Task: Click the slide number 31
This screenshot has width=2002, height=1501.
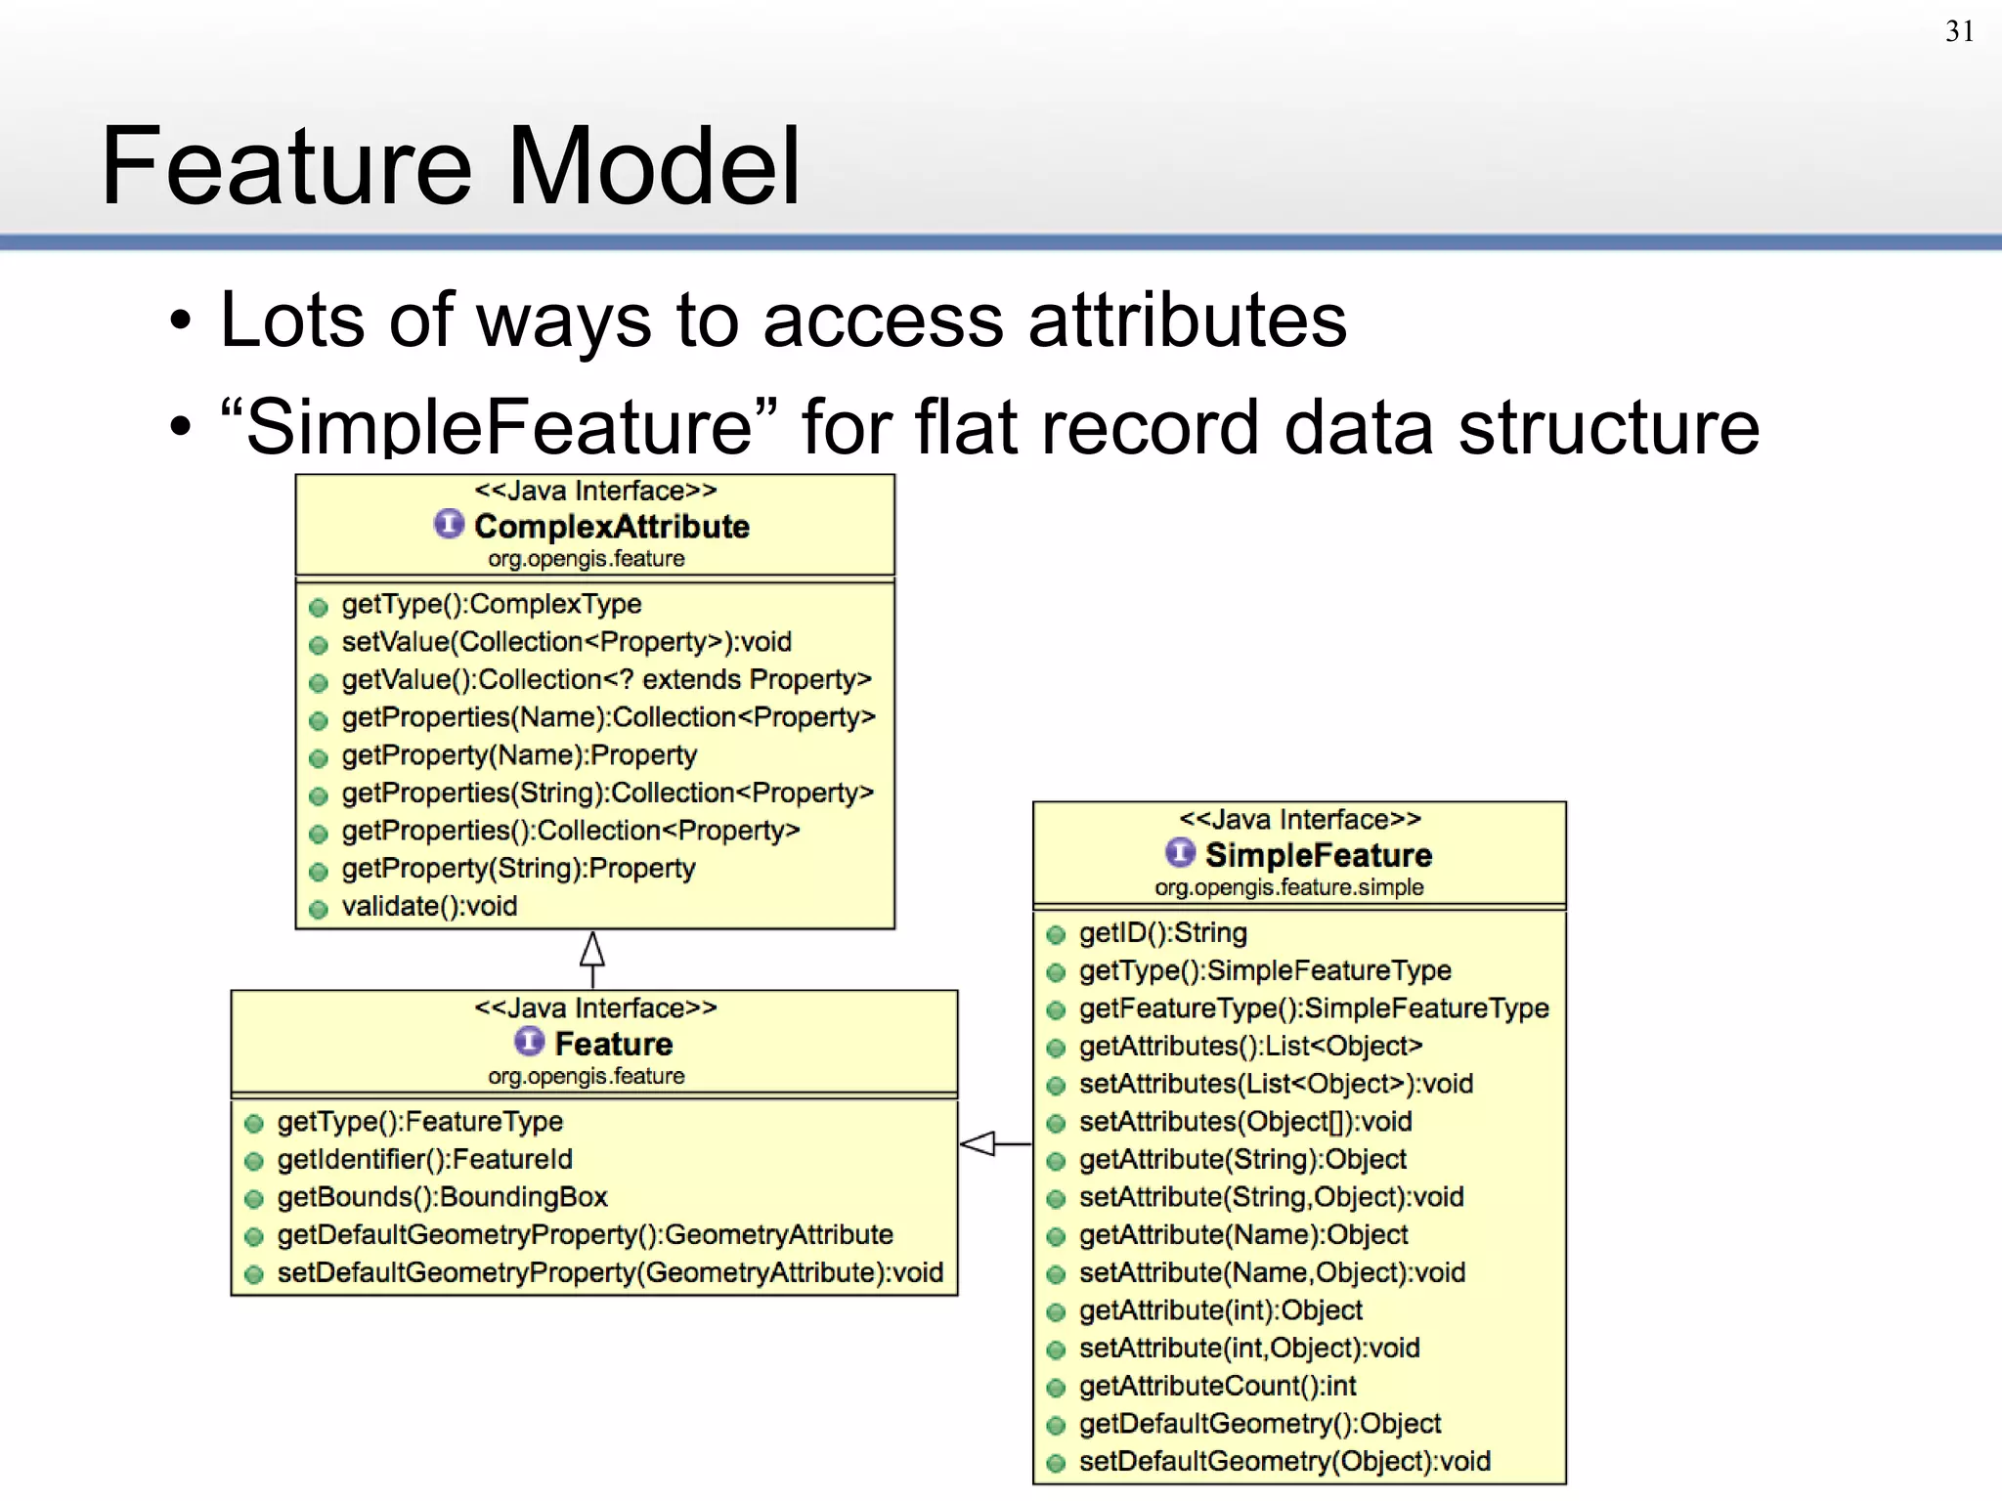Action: tap(1959, 31)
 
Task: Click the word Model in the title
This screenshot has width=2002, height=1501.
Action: tap(653, 166)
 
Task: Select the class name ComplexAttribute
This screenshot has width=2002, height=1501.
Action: tap(611, 527)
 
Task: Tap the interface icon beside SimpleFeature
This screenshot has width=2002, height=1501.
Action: tap(1180, 853)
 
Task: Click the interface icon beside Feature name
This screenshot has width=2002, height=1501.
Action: tap(529, 1042)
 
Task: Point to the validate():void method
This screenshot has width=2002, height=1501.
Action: tap(428, 907)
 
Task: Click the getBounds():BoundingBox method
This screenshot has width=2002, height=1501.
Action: tap(442, 1197)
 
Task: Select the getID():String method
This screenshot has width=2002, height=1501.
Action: tap(1162, 933)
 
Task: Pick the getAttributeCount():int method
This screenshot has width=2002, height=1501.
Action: tap(1217, 1386)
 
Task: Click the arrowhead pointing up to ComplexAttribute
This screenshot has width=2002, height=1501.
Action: tap(592, 949)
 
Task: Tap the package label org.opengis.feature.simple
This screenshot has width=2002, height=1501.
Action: tap(1288, 887)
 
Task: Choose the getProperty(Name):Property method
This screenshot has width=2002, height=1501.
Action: tap(518, 755)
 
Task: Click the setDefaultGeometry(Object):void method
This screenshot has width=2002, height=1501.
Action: tap(1284, 1462)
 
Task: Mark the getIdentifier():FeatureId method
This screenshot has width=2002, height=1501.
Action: tap(424, 1160)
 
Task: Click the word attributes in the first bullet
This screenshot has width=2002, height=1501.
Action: tap(1187, 321)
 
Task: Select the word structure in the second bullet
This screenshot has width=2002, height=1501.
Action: tap(1608, 428)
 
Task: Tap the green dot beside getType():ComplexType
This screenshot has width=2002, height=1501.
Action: tap(318, 608)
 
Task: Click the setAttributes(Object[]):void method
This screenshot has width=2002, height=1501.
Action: tap(1244, 1122)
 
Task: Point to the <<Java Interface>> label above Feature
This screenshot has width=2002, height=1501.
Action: tap(595, 1008)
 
